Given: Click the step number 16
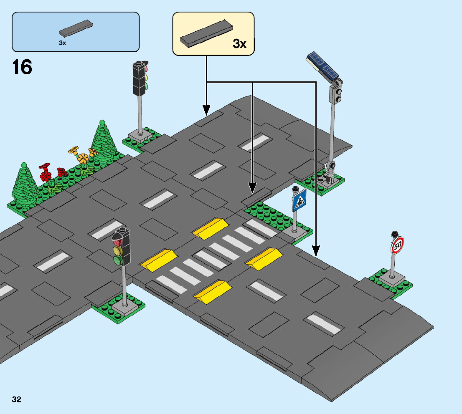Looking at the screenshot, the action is point(23,68).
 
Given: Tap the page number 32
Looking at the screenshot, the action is point(17,399).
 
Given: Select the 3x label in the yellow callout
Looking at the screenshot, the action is point(239,43).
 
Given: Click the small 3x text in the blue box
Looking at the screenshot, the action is point(62,43).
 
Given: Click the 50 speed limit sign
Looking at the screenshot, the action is point(397,245).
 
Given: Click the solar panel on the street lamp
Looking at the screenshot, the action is point(322,66).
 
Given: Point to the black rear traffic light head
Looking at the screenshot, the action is point(140,78).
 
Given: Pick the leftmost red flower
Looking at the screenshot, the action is point(45,173).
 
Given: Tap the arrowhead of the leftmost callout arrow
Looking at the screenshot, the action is point(206,111).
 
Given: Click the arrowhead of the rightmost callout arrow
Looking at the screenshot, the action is point(316,251).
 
